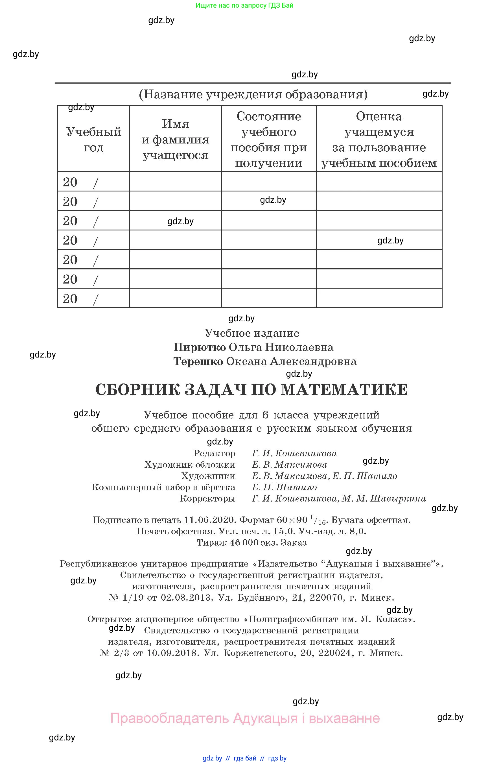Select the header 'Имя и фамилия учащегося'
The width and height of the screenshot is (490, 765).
tap(175, 140)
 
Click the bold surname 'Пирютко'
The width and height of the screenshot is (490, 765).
tap(200, 347)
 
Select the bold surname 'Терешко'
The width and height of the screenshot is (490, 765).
tap(198, 361)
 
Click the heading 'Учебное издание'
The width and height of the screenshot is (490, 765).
tap(252, 333)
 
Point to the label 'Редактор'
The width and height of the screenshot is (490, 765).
tap(215, 453)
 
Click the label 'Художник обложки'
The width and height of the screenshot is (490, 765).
tap(190, 465)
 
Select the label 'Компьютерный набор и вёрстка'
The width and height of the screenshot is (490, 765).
tap(163, 487)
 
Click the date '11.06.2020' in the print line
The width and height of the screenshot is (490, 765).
tap(210, 520)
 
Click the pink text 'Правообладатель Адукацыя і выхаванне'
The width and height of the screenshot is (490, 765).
tap(245, 718)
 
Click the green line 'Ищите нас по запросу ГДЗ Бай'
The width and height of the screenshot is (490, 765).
tap(244, 5)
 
